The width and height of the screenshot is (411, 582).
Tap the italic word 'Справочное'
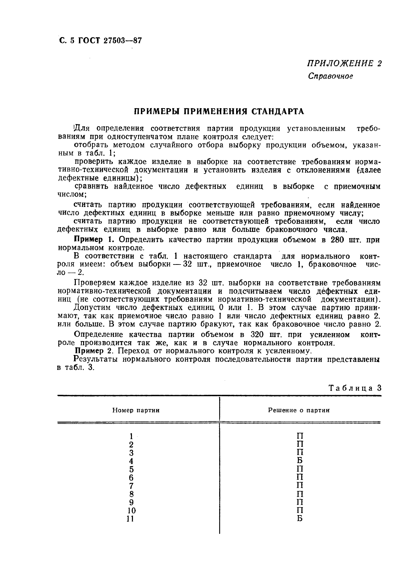pyautogui.click(x=330, y=76)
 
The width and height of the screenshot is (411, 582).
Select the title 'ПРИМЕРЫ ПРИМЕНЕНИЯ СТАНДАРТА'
pyautogui.click(x=219, y=111)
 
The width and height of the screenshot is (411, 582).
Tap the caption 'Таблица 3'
pyautogui.click(x=355, y=388)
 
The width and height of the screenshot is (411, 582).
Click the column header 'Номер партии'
pyautogui.click(x=136, y=410)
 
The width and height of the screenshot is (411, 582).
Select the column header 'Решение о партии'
pyautogui.click(x=299, y=410)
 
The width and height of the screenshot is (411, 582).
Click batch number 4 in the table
pyautogui.click(x=131, y=461)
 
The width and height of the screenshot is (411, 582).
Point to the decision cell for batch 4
pyautogui.click(x=300, y=461)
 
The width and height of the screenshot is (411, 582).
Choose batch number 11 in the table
pyautogui.click(x=131, y=519)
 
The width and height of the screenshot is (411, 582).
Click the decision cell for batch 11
pyautogui.click(x=300, y=519)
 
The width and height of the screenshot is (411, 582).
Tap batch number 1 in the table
pyautogui.click(x=131, y=436)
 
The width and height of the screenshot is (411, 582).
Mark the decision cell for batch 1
pyautogui.click(x=300, y=436)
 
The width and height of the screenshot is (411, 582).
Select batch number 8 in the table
pyautogui.click(x=131, y=494)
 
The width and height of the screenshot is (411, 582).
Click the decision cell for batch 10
pyautogui.click(x=300, y=511)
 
